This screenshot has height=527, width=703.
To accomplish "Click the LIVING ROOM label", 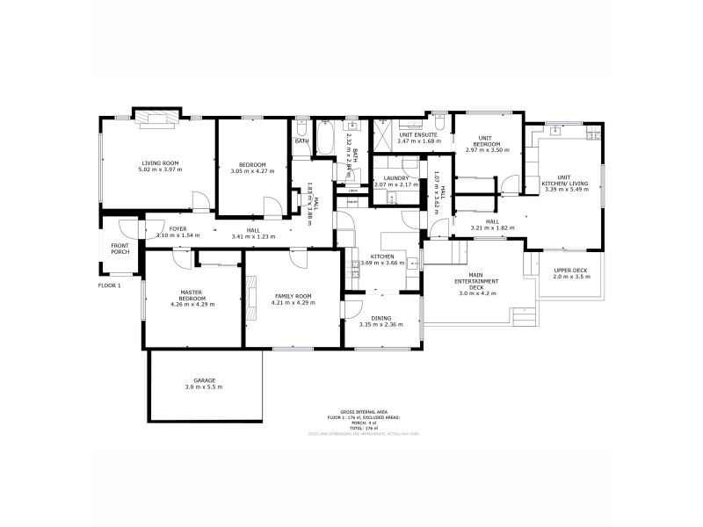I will coord(160,162).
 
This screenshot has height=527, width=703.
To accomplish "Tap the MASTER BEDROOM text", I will coord(192,295).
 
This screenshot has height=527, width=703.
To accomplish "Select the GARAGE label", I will coord(203,380).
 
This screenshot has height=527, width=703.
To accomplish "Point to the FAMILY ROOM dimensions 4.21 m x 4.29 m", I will coord(294,303).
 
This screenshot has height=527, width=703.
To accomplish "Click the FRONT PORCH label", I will coord(120,249).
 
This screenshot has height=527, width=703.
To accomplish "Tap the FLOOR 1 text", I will coord(109,285).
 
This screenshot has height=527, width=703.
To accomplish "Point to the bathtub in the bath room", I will coord(324,141).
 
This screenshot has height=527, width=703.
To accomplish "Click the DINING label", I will coord(380,318).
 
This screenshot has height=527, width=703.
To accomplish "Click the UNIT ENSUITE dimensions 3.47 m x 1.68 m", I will coord(418,141).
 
